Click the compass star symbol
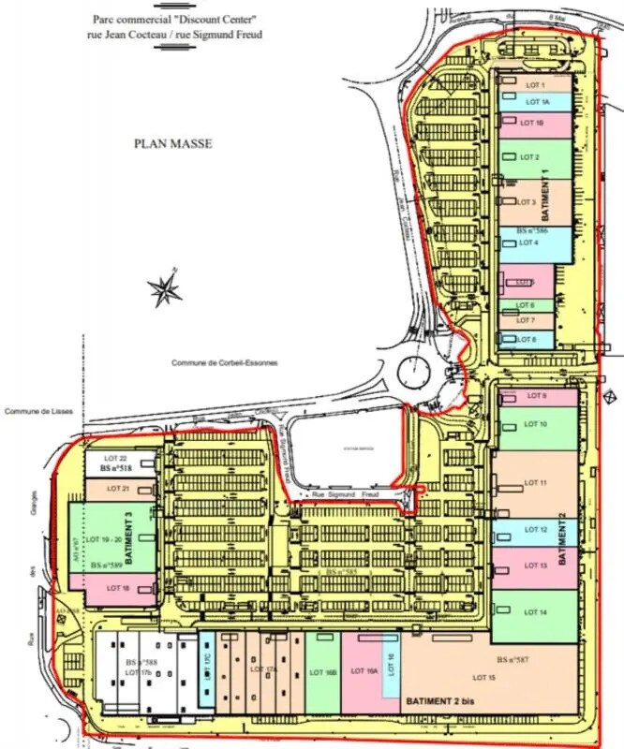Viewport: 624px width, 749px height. pos(166,290)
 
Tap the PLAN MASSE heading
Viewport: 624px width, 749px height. pos(173,144)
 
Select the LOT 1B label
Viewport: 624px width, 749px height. pos(532,123)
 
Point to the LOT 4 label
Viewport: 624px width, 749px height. pos(529,242)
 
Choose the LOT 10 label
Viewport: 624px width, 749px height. pos(536,424)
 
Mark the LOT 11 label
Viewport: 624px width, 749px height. pos(536,482)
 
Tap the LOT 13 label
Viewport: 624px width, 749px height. pos(536,565)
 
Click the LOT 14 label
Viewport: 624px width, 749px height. pos(536,612)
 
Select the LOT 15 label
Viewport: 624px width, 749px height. pos(484,677)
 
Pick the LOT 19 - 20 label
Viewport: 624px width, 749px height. pos(106,540)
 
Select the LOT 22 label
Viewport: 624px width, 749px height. pos(116,458)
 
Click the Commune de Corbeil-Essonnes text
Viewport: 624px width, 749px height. pos(225,362)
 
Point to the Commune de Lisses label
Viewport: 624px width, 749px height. pos(39,411)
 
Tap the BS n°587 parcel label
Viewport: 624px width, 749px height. pos(513,660)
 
